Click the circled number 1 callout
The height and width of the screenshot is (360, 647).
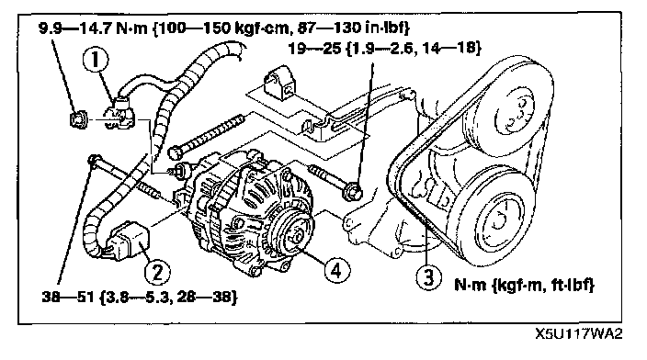pos(96,60)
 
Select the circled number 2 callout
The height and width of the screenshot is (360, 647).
pos(157,272)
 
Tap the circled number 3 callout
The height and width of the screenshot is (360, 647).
pos(428,276)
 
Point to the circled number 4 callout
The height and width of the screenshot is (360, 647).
pos(337,271)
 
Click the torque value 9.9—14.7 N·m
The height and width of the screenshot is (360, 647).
pos(93,28)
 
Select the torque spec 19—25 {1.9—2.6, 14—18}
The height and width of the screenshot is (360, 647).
pos(384,49)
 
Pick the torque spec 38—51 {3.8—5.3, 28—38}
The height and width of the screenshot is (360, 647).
pos(140,297)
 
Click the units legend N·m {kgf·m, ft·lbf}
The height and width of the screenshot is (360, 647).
pos(525,285)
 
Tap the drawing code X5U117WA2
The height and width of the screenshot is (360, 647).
pos(578,333)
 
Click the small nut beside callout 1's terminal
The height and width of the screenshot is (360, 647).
pos(77,119)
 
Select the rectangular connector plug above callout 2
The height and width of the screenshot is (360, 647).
pos(126,241)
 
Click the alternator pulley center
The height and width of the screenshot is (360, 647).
pos(296,237)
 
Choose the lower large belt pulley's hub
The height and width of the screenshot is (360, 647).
pos(498,221)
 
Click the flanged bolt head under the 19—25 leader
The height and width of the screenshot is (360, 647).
pos(353,191)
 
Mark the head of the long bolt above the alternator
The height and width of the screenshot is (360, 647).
pos(175,152)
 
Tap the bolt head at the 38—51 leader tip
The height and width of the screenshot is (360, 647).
pos(94,160)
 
